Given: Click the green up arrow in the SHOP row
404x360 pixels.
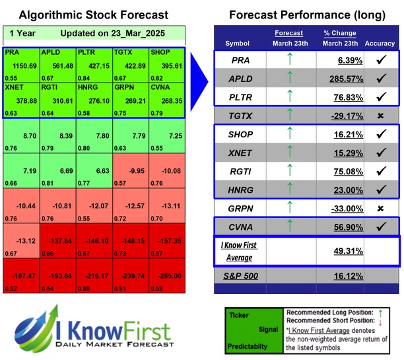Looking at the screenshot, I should pyautogui.click(x=289, y=134).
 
